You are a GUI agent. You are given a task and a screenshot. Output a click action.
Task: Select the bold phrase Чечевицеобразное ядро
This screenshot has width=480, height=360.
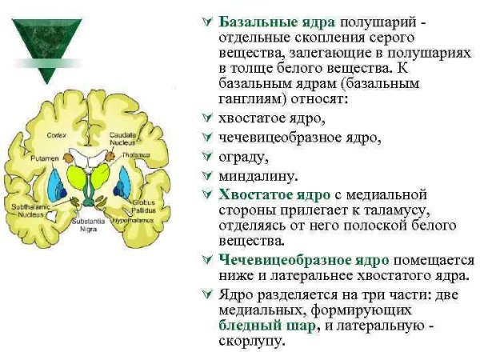point(304,260)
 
